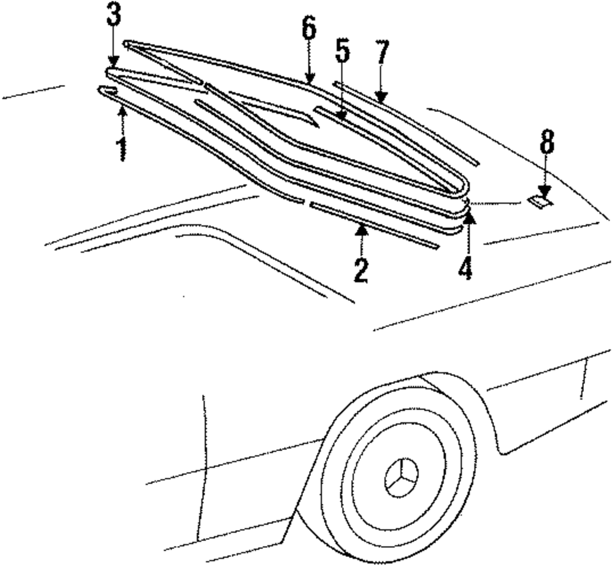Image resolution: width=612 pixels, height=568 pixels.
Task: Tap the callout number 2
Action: tap(361, 269)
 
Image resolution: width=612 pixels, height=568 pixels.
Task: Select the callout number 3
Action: tap(113, 17)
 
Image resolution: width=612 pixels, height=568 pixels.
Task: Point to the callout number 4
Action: tap(466, 268)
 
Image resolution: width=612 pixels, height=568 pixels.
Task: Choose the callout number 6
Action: tap(309, 28)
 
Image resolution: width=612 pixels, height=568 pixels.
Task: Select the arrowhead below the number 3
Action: tap(113, 61)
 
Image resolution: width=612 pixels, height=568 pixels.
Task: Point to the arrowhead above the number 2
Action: tap(361, 230)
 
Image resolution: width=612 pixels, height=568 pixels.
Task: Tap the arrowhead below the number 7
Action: tap(381, 96)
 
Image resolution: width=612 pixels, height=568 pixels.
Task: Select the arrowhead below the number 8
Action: tap(545, 192)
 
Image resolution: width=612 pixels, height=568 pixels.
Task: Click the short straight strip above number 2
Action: tap(373, 225)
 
